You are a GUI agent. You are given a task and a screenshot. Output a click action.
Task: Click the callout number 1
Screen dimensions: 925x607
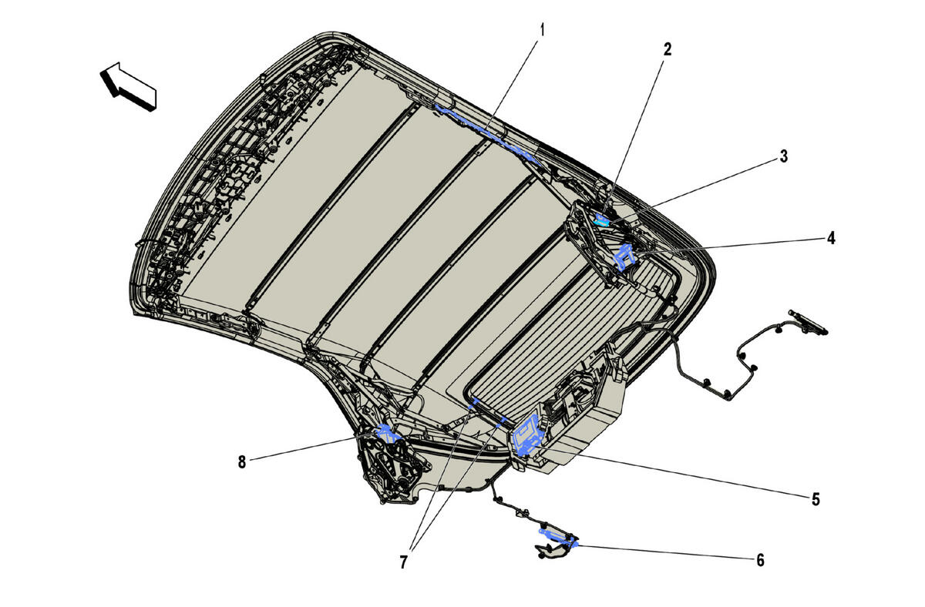click(x=542, y=30)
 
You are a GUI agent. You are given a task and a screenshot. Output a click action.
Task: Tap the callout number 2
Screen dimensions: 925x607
click(x=668, y=50)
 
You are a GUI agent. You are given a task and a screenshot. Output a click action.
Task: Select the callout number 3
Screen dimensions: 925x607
click(x=783, y=156)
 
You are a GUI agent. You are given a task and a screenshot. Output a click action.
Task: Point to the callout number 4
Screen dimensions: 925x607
click(x=831, y=238)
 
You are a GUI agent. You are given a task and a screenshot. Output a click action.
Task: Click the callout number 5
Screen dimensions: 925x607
click(x=816, y=499)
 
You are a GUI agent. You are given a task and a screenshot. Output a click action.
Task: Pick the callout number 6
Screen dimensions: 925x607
click(x=760, y=560)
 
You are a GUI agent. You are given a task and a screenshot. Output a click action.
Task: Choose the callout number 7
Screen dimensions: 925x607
click(x=403, y=562)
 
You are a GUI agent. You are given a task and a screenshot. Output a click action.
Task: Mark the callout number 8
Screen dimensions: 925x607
click(x=241, y=462)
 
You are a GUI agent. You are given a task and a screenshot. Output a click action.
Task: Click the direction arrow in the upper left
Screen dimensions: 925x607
click(x=128, y=86)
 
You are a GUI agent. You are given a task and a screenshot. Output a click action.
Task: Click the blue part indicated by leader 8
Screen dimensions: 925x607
click(x=387, y=433)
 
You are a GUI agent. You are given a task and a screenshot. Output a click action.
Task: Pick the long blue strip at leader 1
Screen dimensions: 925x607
click(x=487, y=134)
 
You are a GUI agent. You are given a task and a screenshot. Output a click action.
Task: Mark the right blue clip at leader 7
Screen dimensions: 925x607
click(x=502, y=421)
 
